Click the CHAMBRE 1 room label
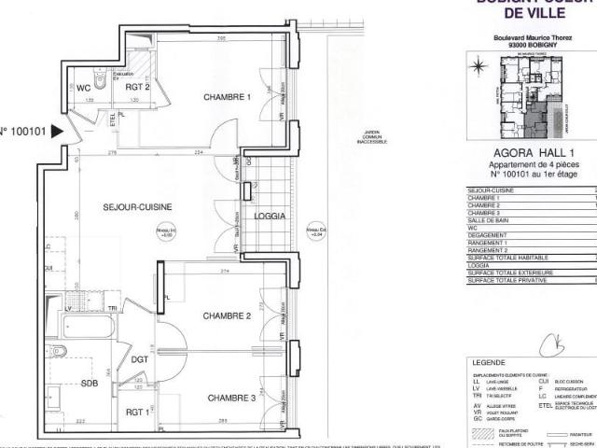tap(229, 97)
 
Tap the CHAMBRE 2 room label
tap(229, 315)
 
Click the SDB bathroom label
tap(90, 383)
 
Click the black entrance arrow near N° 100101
tap(60, 133)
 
